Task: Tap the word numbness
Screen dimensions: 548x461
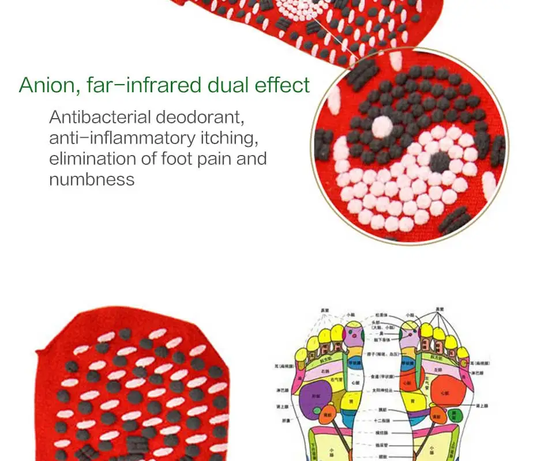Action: [92, 179]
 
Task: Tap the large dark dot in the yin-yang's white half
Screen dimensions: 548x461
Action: [440, 161]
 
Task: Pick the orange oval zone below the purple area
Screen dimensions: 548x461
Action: [328, 413]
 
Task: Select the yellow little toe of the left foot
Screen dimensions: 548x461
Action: [301, 353]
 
